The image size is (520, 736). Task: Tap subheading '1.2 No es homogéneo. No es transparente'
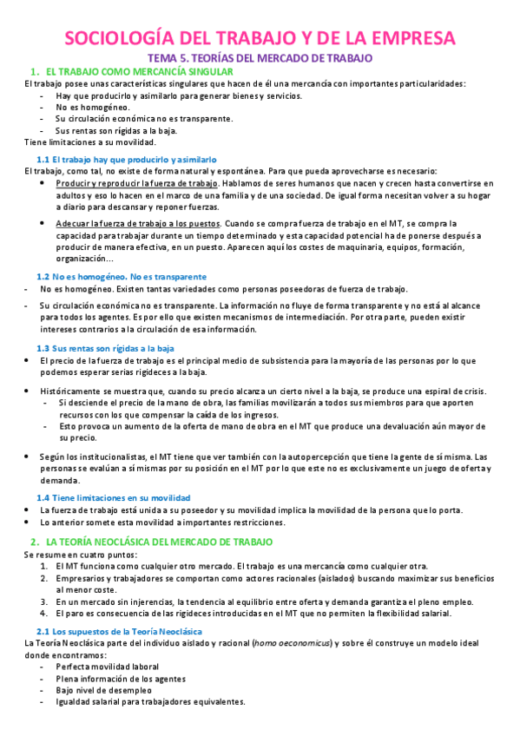coord(115,275)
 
